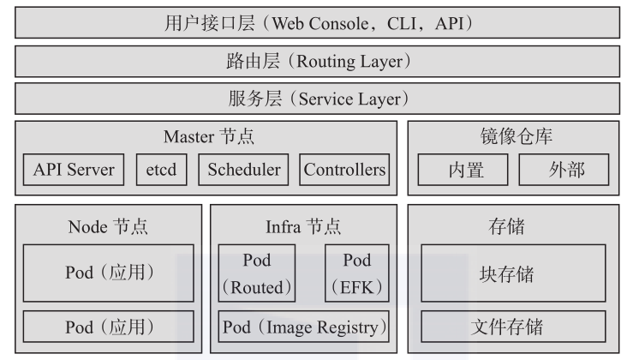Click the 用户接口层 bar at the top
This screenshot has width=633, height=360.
click(316, 21)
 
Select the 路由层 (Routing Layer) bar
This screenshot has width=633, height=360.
click(316, 61)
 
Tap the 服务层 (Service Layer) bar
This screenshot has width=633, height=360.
click(316, 99)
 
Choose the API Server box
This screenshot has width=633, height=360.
click(73, 170)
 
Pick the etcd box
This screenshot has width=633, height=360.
click(161, 170)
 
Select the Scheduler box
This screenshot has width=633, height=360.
click(243, 170)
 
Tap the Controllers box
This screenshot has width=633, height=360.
click(344, 170)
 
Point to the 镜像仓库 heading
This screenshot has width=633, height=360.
click(512, 136)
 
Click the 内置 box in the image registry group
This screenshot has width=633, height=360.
click(465, 170)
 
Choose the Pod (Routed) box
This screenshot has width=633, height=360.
click(258, 273)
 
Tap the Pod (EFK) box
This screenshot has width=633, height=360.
click(356, 273)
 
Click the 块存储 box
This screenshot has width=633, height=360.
click(512, 273)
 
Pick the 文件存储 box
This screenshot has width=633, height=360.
click(512, 327)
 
